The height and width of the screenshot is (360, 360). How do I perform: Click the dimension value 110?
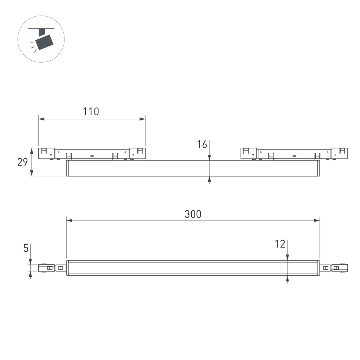point(91,112)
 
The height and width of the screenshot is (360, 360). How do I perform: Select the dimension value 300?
point(193,214)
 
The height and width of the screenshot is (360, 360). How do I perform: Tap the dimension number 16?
point(202,145)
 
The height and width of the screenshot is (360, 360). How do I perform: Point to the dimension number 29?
point(22,162)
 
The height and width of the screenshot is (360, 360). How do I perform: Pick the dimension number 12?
point(280,244)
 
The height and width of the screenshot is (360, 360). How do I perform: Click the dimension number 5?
point(26,248)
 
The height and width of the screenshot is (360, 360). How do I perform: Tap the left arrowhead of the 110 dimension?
point(41,119)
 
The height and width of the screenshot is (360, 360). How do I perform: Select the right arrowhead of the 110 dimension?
point(142,119)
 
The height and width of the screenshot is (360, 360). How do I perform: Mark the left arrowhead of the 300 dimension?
point(69,220)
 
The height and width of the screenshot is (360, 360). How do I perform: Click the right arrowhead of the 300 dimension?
point(316,220)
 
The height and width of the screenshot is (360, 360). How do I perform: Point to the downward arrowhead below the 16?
point(209,157)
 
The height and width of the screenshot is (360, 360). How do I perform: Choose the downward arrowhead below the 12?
point(287,257)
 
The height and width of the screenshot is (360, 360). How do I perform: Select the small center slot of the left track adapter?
point(92,156)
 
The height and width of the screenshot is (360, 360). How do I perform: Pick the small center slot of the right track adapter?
point(294,156)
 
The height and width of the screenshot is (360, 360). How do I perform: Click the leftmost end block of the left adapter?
point(46,153)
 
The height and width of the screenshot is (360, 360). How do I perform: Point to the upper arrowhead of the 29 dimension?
point(31,151)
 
